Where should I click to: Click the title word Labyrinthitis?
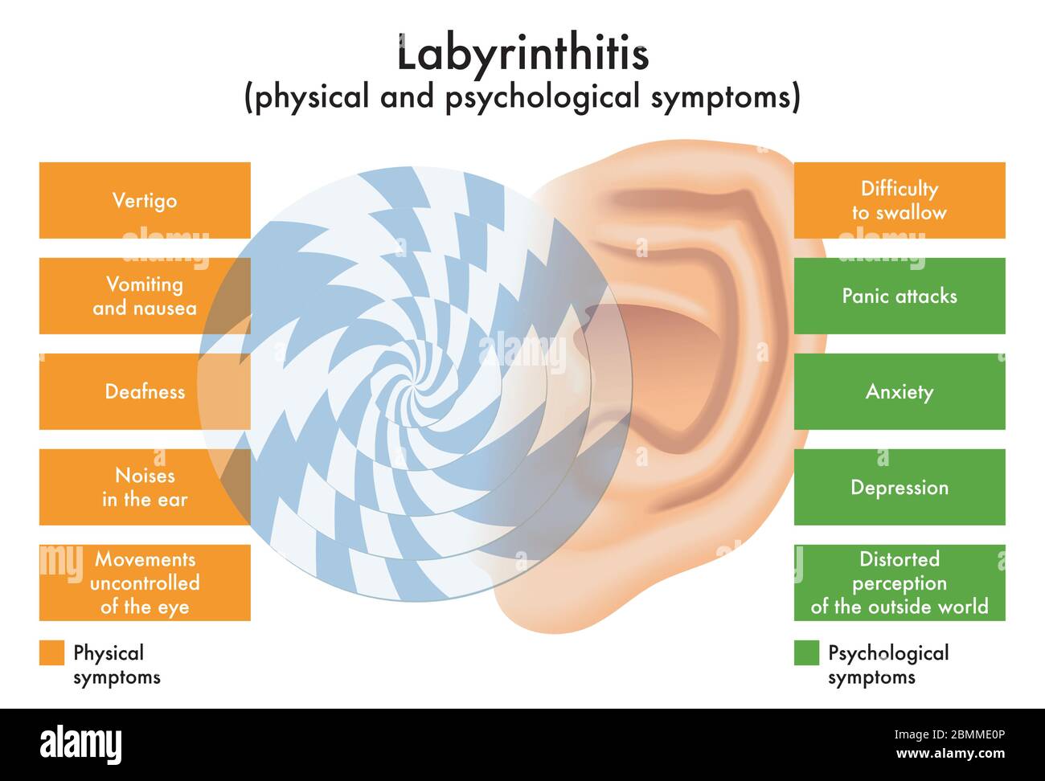522,55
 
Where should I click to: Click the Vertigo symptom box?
145,200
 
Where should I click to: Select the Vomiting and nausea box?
145,296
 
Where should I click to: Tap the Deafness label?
145,391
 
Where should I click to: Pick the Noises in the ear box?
145,487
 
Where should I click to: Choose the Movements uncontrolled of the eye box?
145,583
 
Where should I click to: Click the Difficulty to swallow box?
899,200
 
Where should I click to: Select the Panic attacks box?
899,296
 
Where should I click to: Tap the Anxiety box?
899,391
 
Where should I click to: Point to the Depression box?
899,487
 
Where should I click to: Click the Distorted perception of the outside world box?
899,583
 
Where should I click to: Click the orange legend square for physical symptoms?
51,652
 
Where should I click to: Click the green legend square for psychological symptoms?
806,652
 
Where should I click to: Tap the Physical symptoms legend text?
116,664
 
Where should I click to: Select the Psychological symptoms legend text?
887,664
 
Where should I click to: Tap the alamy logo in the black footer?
80,743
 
